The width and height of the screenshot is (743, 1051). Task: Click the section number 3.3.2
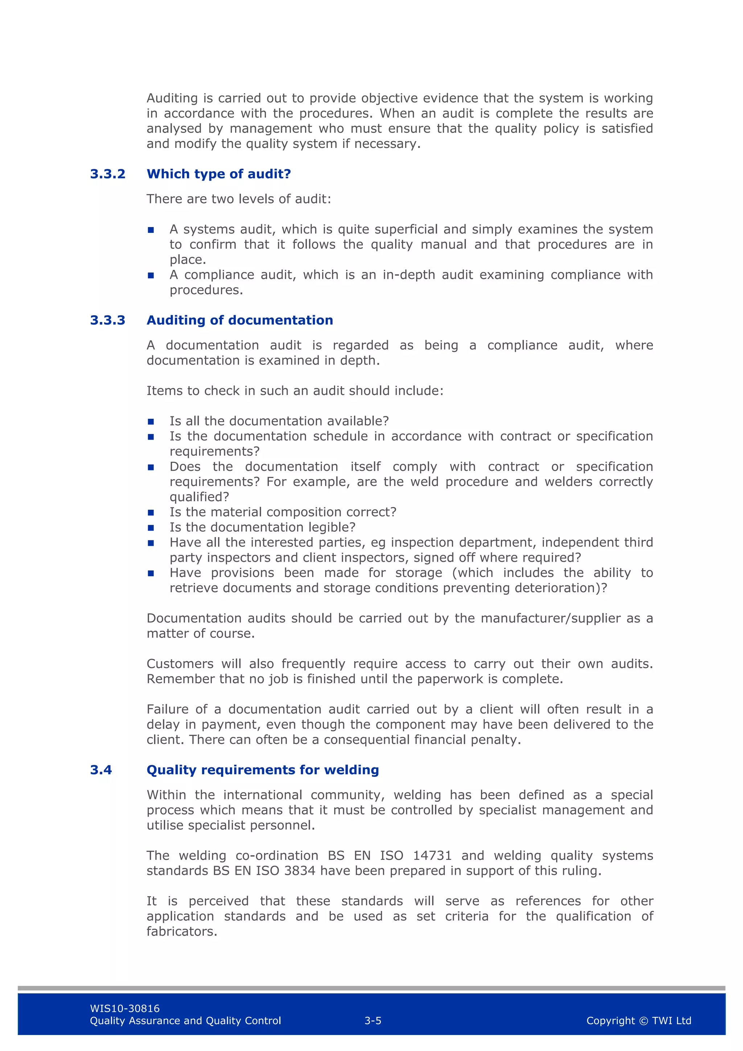(x=108, y=174)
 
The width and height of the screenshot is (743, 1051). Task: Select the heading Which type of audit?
(x=218, y=174)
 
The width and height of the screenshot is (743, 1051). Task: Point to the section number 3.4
(x=101, y=770)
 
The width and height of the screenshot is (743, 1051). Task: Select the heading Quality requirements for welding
(x=262, y=770)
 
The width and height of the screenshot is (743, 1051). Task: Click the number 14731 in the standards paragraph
(x=432, y=855)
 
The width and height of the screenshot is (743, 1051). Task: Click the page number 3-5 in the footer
(x=373, y=1020)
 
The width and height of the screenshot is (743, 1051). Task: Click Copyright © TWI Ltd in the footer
(x=638, y=1020)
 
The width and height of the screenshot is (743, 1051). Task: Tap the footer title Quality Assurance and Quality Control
(x=185, y=1020)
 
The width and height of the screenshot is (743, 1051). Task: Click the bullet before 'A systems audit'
(x=151, y=230)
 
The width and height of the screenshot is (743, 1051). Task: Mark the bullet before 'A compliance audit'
(x=151, y=275)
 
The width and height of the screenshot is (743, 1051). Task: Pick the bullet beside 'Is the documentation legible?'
(x=151, y=528)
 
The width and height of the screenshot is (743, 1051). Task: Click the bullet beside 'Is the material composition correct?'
(x=151, y=513)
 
